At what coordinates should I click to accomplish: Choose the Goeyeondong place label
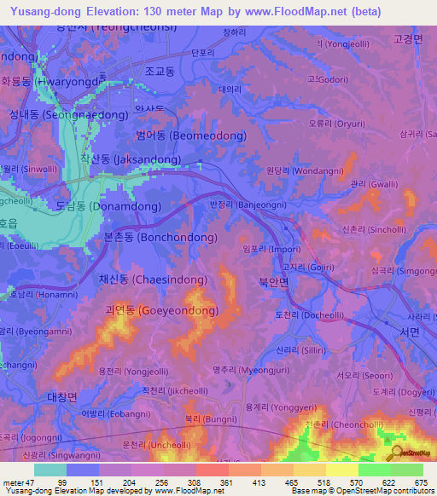pos(160,310)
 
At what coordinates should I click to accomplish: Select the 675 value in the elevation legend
pos(418,482)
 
